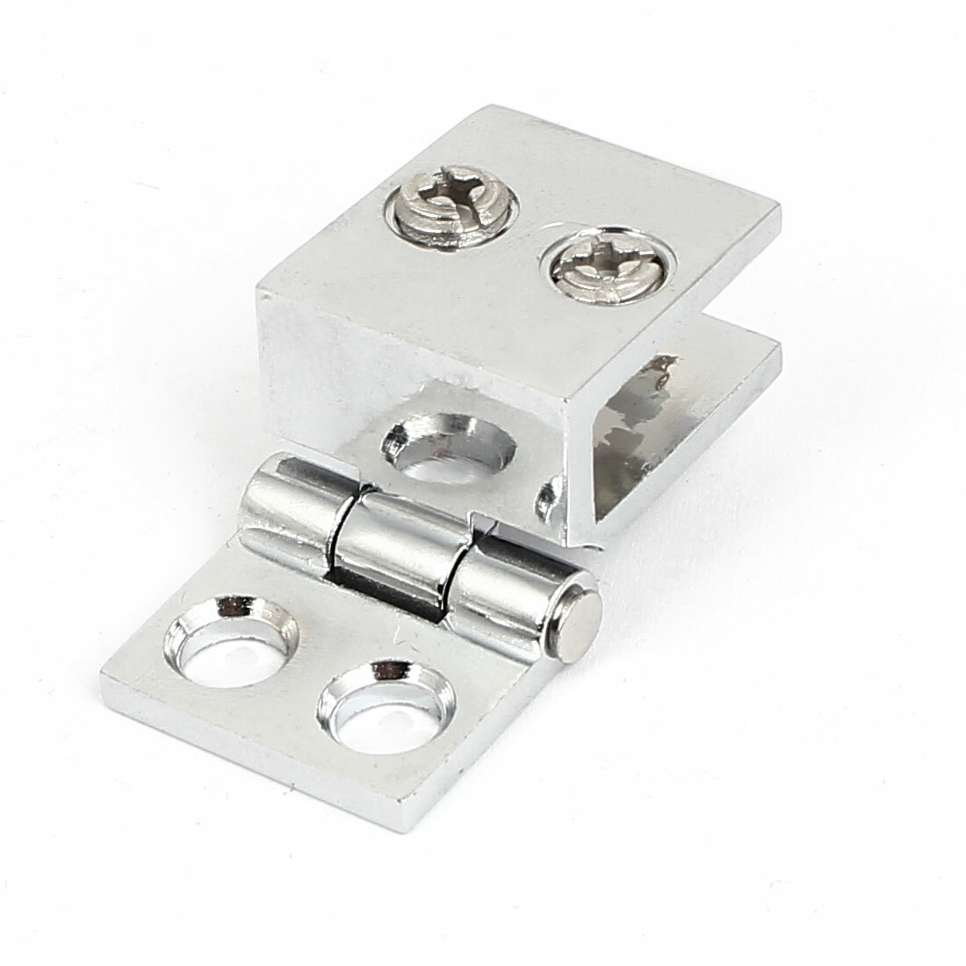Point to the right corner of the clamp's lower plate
point(778,350)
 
